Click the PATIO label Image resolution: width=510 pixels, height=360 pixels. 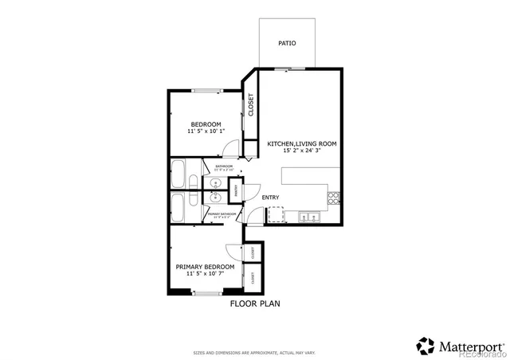point(286,43)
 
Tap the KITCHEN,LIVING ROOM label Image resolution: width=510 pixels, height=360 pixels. point(301,143)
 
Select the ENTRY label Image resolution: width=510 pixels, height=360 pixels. point(271,198)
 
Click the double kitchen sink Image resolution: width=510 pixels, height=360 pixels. point(306,217)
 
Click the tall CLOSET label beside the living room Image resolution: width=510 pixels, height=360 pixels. point(250,105)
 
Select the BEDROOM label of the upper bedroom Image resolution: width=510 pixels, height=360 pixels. point(205,123)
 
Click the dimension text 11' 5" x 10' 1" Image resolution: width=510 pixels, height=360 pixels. point(206,131)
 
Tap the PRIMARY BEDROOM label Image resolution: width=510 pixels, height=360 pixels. point(205,267)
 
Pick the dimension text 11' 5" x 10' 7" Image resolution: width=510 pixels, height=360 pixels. point(205,274)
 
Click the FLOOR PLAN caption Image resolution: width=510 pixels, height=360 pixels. point(255,303)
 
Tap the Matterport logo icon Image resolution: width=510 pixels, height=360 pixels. point(426,346)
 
